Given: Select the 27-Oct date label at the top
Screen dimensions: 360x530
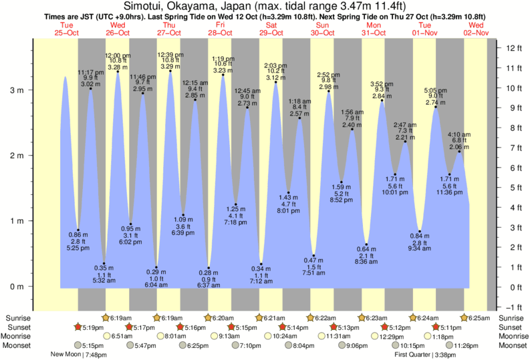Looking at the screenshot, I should click(169, 33).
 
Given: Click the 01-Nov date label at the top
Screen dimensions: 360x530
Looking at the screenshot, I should click(425, 33).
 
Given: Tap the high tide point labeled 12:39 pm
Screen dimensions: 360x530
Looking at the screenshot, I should click(170, 71).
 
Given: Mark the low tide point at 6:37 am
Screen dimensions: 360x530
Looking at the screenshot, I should click(209, 268).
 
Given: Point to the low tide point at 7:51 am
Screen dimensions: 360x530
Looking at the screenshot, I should click(313, 256).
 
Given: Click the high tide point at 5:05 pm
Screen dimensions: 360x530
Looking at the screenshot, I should click(436, 108).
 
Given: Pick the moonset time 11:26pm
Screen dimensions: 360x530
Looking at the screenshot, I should click(467, 345).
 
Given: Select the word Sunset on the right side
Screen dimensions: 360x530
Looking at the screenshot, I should click(511, 327).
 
